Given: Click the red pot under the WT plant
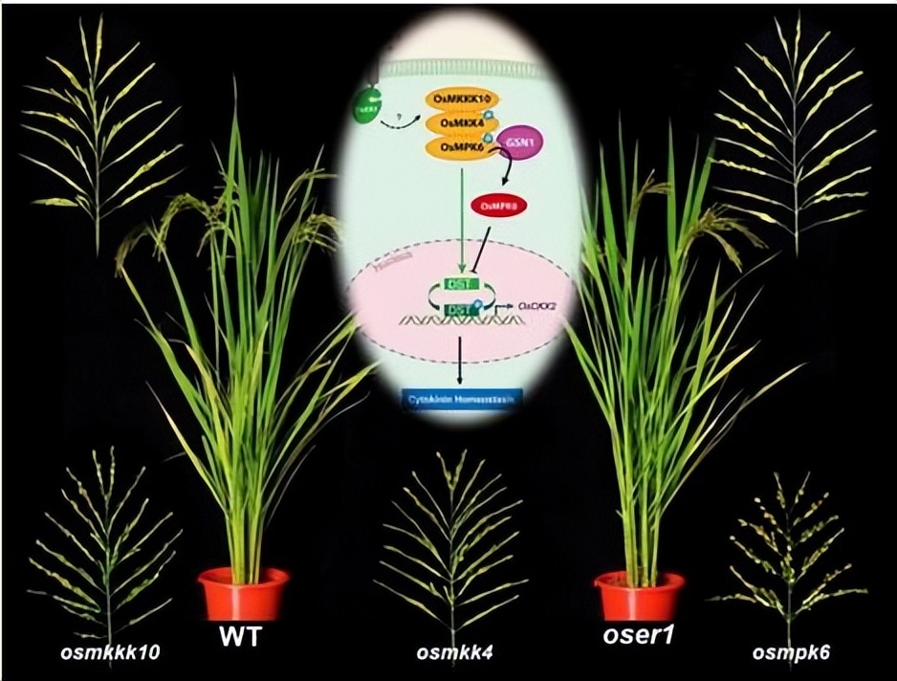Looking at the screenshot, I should point(244,593).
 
